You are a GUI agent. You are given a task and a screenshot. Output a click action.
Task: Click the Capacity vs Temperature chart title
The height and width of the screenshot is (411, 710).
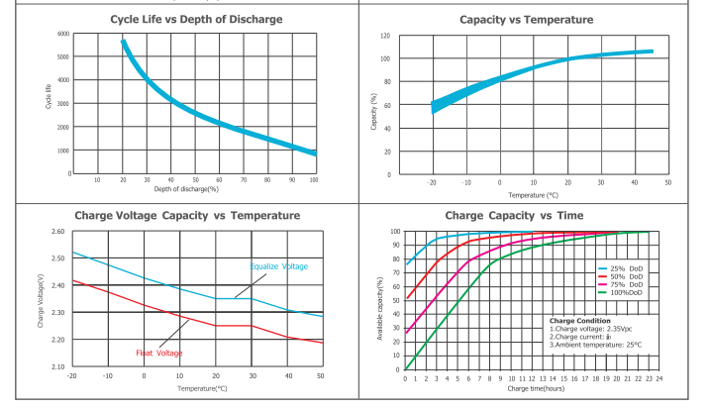pos(526,19)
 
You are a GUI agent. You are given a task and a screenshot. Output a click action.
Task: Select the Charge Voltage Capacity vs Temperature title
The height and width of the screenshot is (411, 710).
pos(187,215)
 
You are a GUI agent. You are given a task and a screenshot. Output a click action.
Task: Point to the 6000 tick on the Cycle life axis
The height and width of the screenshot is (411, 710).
pos(63,34)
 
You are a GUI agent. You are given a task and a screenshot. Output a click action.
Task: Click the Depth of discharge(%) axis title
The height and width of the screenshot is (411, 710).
pos(185,188)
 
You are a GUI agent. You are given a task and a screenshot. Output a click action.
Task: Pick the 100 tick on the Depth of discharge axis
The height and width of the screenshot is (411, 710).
pos(314,179)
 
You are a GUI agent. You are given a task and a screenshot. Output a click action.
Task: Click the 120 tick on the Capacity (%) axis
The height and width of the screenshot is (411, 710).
pos(385,36)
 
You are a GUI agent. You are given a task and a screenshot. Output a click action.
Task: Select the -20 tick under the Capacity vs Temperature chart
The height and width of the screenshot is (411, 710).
pos(432,182)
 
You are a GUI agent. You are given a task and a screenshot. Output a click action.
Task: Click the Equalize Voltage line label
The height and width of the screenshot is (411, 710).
pos(278,266)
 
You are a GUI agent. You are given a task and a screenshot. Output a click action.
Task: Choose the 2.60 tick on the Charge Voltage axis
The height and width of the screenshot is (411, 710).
pos(56,232)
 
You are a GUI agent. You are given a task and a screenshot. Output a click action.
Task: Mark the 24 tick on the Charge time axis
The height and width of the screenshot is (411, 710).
pos(659,378)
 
